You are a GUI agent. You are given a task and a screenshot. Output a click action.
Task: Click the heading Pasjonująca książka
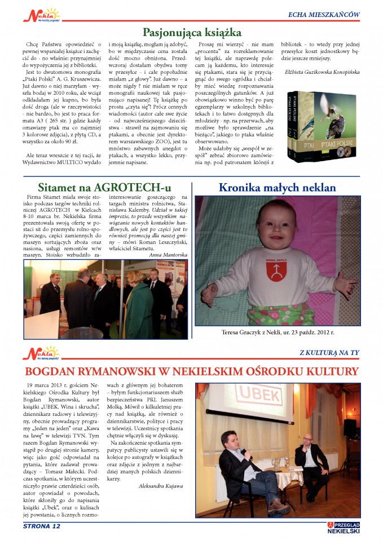click(x=192, y=32)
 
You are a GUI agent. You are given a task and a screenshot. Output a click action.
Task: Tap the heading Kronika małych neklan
click(x=277, y=188)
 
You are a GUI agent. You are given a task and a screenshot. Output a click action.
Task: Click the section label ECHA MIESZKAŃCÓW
click(x=324, y=14)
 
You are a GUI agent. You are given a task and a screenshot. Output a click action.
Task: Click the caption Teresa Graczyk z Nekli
click(x=278, y=333)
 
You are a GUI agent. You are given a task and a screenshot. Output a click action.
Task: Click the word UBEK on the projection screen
click(x=269, y=398)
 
